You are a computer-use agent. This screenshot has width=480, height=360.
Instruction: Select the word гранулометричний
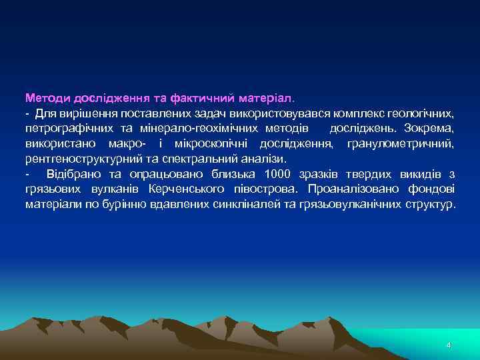pos(401,143)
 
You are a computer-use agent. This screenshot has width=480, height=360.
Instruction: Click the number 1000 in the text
pos(278,174)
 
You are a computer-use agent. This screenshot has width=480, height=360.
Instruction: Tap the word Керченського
pos(188,189)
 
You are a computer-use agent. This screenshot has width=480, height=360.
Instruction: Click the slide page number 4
pos(449,345)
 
